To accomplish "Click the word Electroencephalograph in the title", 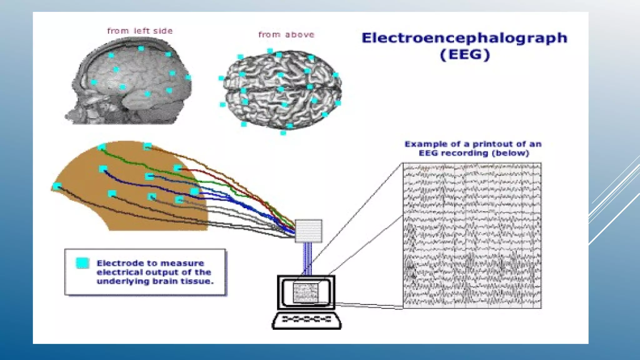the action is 464,38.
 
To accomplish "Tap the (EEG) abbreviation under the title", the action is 465,55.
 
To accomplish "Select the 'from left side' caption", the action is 140,31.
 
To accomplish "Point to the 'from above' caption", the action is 286,35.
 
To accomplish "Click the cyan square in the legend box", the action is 83,263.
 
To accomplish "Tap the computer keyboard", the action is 307,320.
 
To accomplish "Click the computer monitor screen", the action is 306,292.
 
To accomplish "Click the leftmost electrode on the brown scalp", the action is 57,187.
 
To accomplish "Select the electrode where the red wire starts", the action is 178,168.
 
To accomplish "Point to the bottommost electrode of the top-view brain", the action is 283,133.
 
